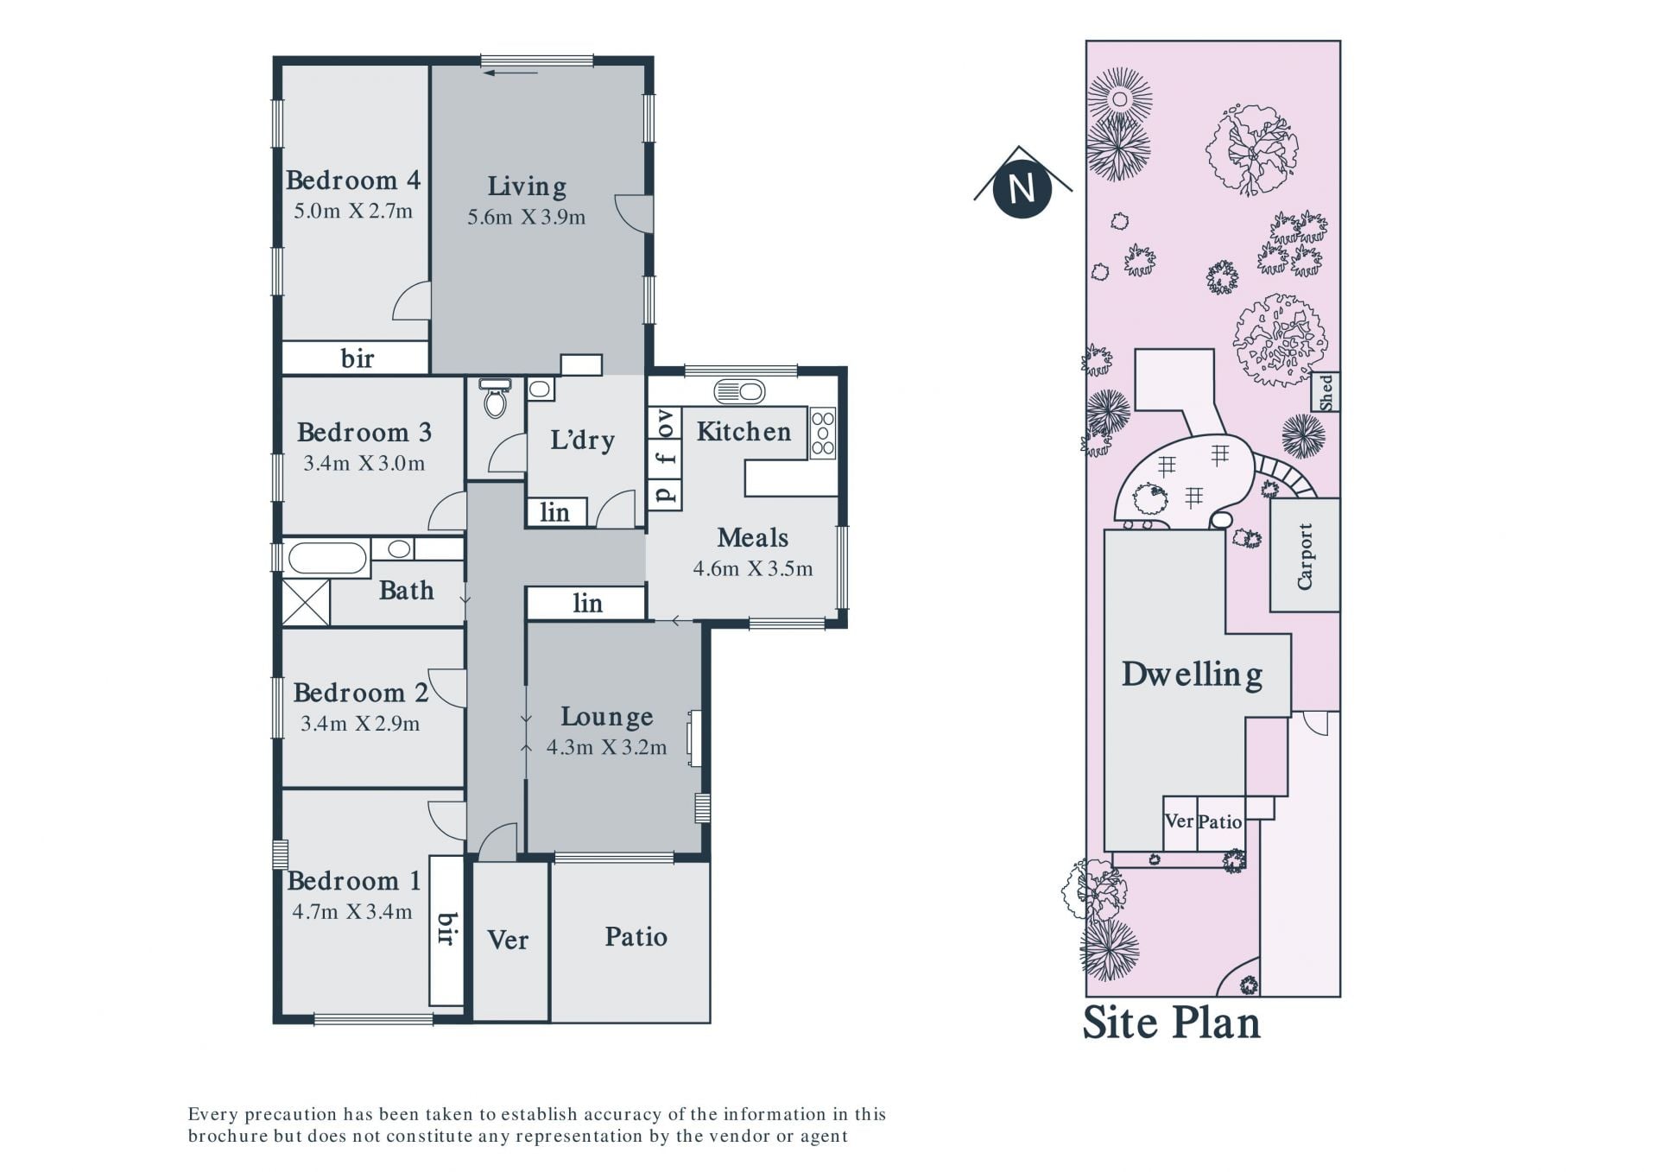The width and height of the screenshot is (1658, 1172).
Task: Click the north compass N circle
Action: (x=1022, y=188)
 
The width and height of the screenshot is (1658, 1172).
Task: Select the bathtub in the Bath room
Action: (x=327, y=557)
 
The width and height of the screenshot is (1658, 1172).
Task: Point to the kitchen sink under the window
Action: (x=739, y=392)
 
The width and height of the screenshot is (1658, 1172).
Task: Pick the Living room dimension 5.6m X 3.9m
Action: (x=527, y=217)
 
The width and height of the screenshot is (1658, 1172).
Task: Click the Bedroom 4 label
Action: (x=353, y=180)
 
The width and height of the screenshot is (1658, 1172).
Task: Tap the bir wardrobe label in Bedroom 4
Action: (x=358, y=358)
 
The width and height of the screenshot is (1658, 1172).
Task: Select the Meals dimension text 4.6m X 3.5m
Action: (x=753, y=568)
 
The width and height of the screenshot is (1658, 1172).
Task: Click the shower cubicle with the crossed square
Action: (x=306, y=602)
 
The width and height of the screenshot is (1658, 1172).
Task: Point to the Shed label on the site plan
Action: (x=1326, y=392)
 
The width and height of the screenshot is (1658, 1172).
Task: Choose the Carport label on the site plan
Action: (x=1305, y=556)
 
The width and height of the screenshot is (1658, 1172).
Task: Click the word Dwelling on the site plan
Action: (x=1193, y=675)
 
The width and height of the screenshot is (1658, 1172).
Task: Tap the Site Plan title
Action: (x=1172, y=1023)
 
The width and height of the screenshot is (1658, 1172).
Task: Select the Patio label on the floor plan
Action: (x=636, y=937)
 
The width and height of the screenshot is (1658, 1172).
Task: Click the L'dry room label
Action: (x=583, y=440)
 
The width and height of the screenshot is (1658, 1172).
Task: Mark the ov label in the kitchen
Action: (x=665, y=423)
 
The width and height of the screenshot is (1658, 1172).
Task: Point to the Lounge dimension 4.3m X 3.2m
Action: (x=607, y=747)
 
